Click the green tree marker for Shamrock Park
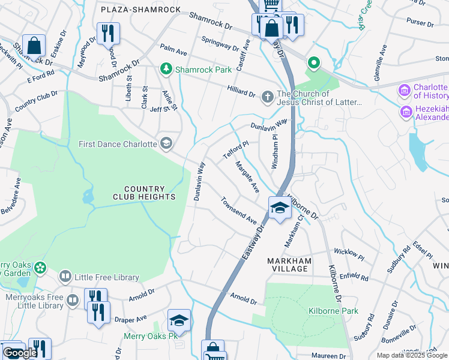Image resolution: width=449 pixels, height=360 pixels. tap(166, 70)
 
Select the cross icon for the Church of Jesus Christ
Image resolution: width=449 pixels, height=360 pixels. tap(268, 95)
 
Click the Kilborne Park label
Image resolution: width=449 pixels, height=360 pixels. tap(333, 311)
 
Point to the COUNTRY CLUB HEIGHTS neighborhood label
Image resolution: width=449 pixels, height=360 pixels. tap(144, 193)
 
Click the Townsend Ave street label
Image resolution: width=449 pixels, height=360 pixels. tap(238, 210)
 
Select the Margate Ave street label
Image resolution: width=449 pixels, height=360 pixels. tap(247, 177)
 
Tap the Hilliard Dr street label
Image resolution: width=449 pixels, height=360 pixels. tap(241, 91)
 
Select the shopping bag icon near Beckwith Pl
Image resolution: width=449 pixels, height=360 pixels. tap(35, 45)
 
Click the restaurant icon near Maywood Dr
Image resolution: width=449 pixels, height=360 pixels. tap(108, 34)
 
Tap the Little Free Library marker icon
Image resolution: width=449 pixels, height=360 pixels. tap(65, 277)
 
